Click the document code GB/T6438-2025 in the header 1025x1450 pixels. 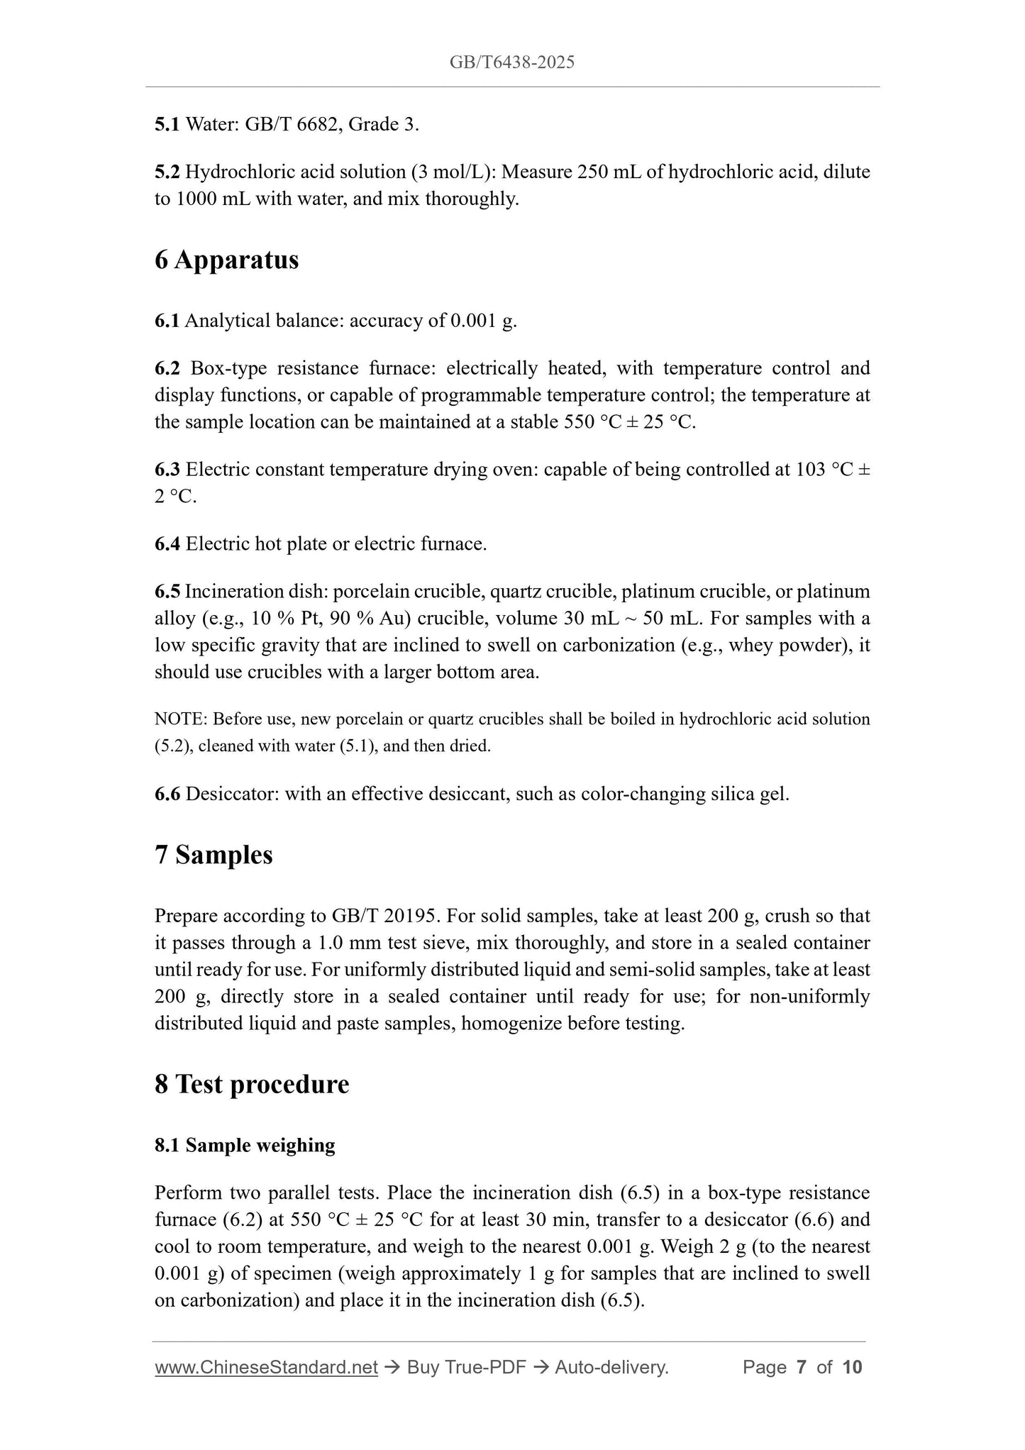point(511,62)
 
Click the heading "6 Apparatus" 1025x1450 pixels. point(226,260)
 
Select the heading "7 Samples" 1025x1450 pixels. point(214,855)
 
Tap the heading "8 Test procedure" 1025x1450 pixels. point(252,1085)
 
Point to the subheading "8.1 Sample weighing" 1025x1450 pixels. point(245,1146)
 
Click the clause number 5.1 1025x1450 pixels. point(167,125)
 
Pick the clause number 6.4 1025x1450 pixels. point(167,544)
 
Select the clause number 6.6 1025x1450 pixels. point(167,794)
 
